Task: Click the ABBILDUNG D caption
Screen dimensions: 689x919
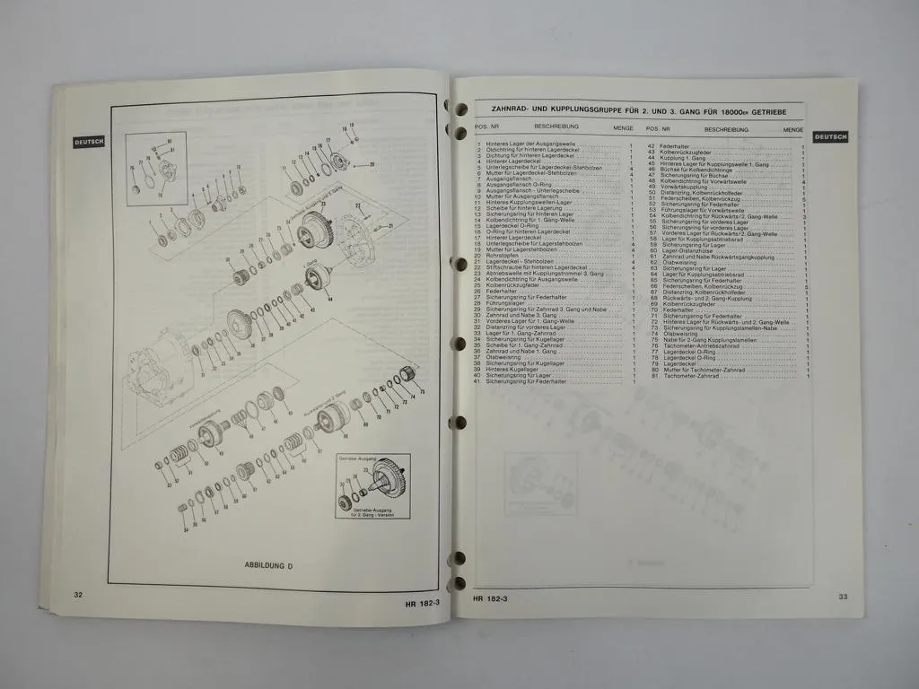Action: pyautogui.click(x=268, y=565)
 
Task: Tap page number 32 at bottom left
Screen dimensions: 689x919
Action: pyautogui.click(x=79, y=594)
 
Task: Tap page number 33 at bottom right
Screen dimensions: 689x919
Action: pyautogui.click(x=842, y=597)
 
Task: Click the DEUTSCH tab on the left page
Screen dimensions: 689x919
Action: pyautogui.click(x=90, y=141)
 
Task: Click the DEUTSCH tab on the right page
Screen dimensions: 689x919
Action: pyautogui.click(x=830, y=136)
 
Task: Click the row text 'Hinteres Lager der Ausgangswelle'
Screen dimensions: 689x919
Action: pyautogui.click(x=526, y=144)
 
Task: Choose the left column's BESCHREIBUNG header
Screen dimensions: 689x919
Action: pyautogui.click(x=556, y=127)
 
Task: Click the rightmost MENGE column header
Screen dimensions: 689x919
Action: pyautogui.click(x=792, y=129)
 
